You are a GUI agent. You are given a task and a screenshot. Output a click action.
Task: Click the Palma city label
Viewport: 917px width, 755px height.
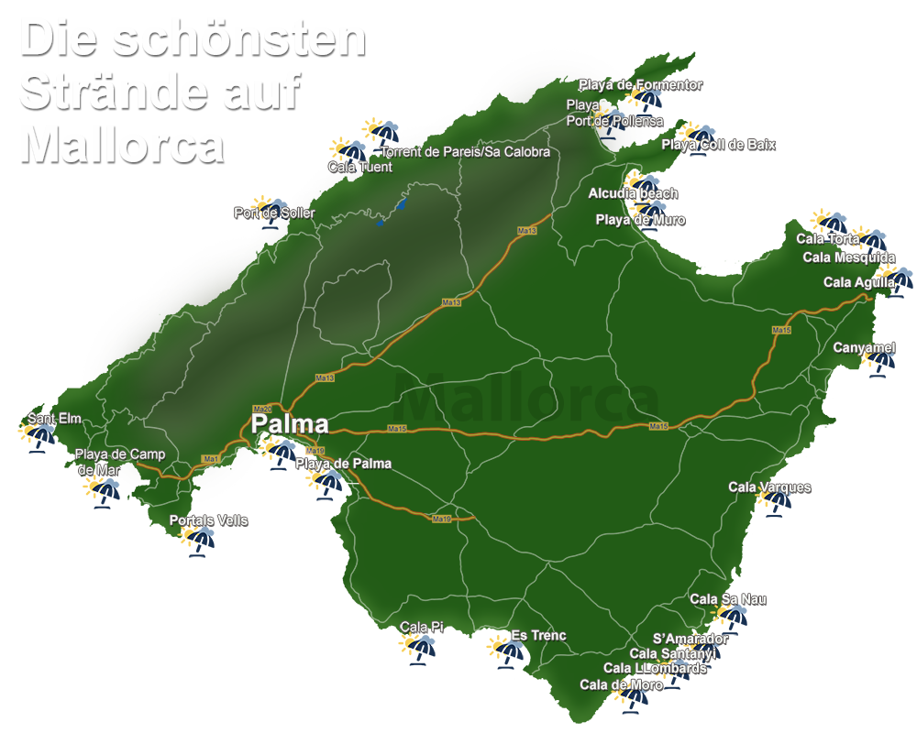(290, 424)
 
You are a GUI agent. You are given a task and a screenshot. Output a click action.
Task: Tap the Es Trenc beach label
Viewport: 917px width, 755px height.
(538, 636)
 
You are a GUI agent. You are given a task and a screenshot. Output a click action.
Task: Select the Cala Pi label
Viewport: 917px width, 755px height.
(422, 628)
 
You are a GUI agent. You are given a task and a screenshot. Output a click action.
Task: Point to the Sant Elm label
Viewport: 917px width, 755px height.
(54, 419)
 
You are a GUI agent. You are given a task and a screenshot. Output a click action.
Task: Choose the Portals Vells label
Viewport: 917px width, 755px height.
(208, 520)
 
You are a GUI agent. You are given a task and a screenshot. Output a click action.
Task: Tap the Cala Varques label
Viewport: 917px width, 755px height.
(769, 487)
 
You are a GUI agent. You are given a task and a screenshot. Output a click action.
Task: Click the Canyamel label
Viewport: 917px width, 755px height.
(863, 348)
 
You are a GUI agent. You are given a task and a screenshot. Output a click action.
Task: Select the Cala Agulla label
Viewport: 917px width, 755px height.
(858, 282)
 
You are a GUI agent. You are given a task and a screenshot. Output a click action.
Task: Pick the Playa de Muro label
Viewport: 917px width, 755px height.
(640, 220)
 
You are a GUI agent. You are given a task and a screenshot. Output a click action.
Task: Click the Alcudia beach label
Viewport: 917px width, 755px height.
(633, 193)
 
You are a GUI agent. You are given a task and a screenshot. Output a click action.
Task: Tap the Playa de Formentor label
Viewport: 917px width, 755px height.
(640, 85)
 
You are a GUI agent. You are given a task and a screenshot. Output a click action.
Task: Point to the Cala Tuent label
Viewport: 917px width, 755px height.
(360, 167)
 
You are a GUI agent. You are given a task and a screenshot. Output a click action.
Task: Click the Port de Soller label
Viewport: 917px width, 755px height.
(274, 213)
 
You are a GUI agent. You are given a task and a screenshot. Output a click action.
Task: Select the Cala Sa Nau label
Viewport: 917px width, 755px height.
(728, 599)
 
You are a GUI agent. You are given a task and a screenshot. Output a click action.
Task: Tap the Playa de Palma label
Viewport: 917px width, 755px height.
(343, 464)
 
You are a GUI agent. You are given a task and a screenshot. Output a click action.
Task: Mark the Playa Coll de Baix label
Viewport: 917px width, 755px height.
(718, 145)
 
